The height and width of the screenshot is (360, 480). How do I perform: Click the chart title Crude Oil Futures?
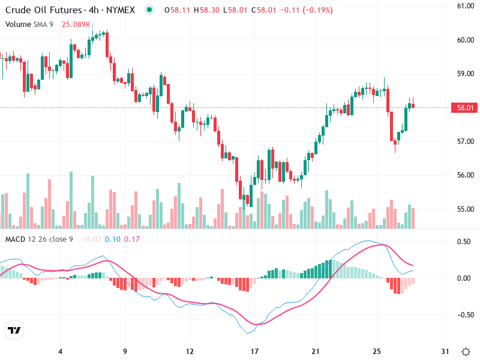click(43, 10)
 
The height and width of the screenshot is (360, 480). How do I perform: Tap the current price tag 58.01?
click(466, 108)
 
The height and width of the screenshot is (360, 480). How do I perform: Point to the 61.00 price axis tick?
click(466, 6)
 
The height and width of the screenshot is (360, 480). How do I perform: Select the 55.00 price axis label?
click(466, 209)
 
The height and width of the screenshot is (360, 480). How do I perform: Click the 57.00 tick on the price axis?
click(466, 142)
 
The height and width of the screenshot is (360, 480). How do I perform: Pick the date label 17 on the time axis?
click(254, 352)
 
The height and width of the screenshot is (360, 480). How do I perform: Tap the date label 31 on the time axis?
click(445, 352)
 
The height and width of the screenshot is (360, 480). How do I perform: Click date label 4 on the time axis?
click(60, 352)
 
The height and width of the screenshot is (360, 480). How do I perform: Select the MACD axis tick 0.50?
click(463, 242)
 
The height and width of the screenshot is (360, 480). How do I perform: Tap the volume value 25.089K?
click(77, 25)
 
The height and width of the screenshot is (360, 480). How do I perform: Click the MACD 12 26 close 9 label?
click(39, 239)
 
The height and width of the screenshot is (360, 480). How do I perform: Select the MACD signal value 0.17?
click(132, 239)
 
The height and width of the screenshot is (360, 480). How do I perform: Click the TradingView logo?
click(14, 331)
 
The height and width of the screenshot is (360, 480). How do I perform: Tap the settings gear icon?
click(466, 352)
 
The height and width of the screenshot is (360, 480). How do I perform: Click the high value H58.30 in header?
click(205, 10)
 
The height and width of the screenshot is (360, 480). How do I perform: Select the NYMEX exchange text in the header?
click(122, 10)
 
